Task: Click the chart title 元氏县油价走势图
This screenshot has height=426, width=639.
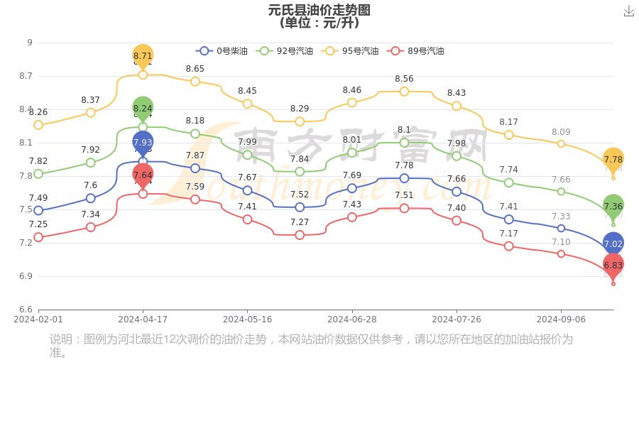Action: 319,10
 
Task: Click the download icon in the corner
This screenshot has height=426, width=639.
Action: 629,11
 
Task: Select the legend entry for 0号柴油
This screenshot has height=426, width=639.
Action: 222,51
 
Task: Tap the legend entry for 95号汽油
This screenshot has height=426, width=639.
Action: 351,51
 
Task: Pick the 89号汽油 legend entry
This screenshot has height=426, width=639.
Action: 416,51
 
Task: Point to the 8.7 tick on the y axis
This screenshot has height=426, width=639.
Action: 25,76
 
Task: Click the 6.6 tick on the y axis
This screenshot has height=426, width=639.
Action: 25,310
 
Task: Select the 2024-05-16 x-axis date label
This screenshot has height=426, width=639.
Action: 247,319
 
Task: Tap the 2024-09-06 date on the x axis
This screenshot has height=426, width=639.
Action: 561,319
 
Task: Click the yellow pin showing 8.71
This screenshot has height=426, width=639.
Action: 143,56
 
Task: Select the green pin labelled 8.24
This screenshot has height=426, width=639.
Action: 143,109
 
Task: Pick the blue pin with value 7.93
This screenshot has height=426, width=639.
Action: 143,143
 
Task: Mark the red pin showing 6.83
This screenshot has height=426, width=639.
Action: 613,265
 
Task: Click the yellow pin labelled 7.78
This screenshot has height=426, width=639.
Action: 613,160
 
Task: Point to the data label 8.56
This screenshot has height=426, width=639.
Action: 404,79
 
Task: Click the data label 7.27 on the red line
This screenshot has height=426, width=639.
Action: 300,222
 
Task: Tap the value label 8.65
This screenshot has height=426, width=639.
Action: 195,69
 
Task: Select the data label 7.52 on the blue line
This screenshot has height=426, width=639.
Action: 300,195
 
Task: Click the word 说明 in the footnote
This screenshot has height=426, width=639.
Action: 61,339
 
